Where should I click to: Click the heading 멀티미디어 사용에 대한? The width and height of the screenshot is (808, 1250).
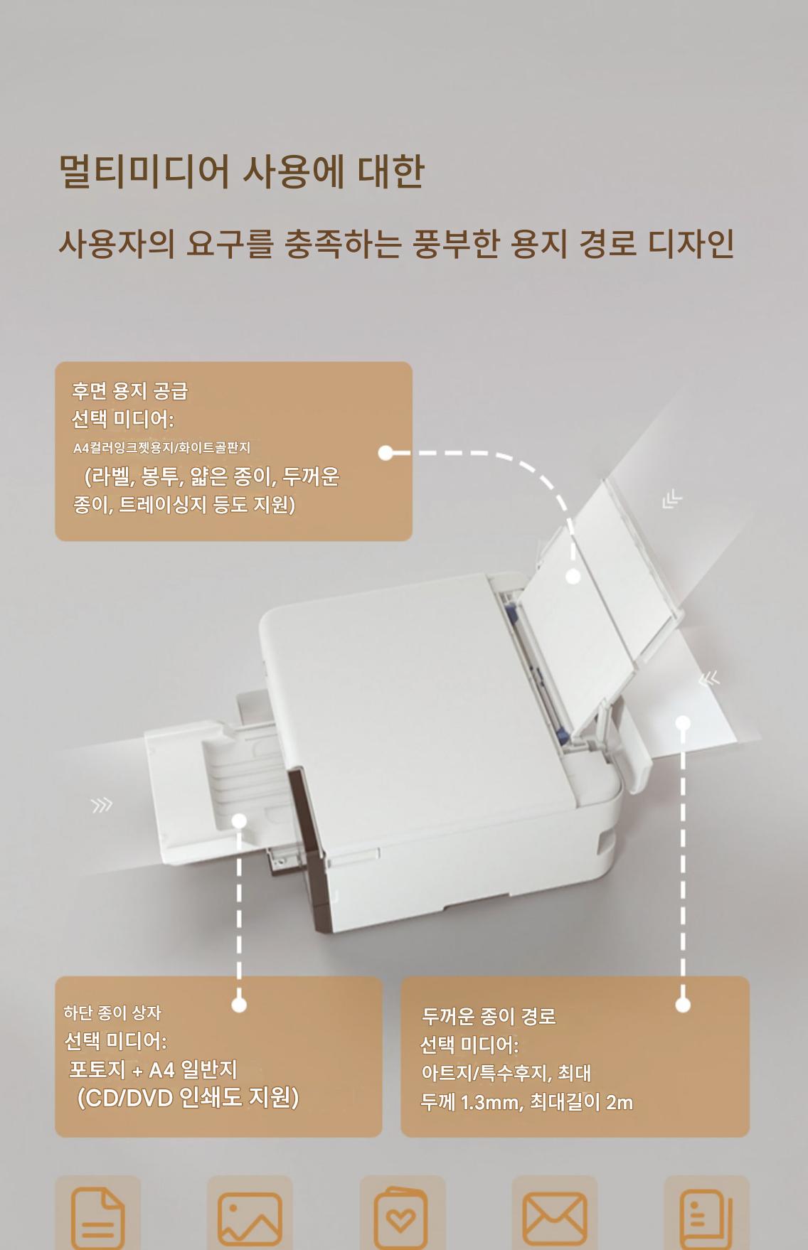tap(241, 171)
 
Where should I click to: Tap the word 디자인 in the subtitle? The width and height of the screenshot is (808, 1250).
tap(691, 243)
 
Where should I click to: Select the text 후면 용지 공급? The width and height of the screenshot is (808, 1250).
tap(129, 390)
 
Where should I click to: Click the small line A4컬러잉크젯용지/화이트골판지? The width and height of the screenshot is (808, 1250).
tap(161, 448)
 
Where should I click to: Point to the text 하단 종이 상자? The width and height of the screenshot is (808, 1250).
tap(112, 1013)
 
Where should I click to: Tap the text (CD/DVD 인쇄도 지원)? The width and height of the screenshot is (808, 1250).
tap(188, 1098)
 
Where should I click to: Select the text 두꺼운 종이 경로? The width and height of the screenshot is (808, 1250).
tap(489, 1016)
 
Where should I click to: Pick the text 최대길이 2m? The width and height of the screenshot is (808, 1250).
tap(581, 1102)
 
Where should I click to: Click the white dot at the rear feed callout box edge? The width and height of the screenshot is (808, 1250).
tap(386, 453)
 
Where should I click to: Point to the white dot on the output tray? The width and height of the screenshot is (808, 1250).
tap(239, 821)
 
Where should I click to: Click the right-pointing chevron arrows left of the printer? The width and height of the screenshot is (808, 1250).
tap(102, 805)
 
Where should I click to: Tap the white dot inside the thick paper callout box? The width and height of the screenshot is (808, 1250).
tap(683, 1005)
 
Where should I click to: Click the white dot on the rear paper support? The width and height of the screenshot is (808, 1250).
tap(573, 577)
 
